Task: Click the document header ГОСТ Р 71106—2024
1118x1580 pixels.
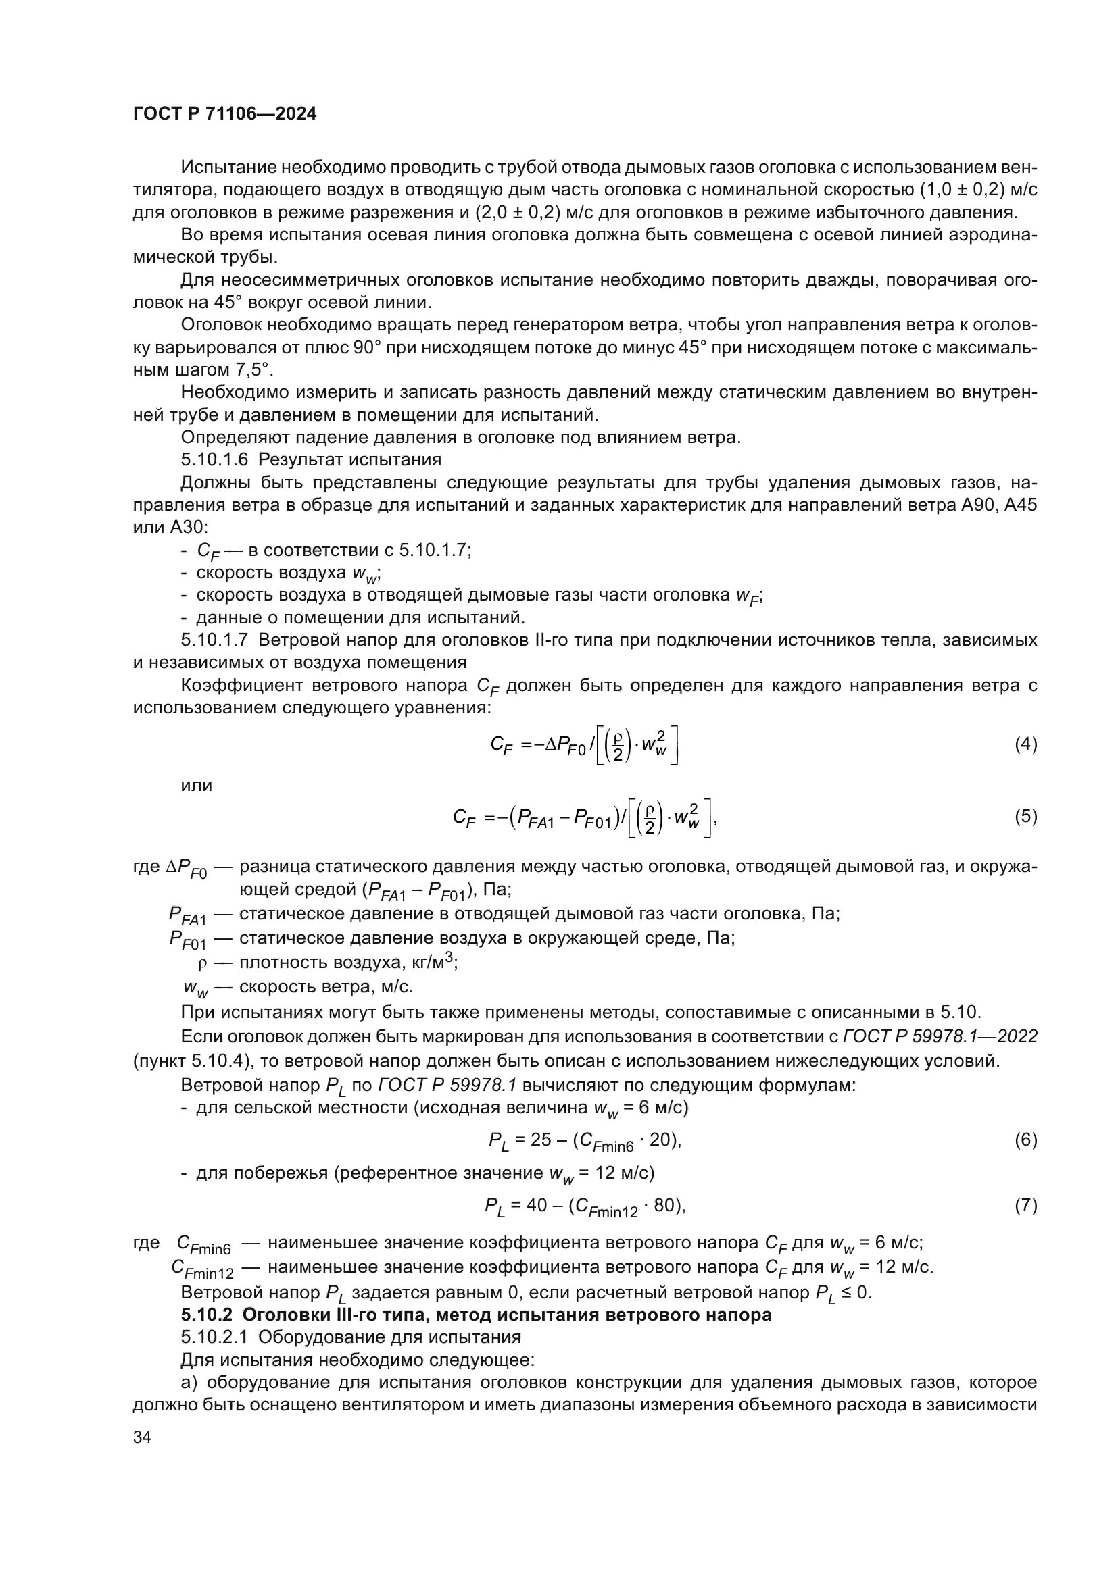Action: click(224, 114)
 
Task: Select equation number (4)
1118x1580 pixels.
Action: click(1025, 744)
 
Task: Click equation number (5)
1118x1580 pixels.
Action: click(1025, 816)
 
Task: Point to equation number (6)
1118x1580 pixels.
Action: click(1025, 1140)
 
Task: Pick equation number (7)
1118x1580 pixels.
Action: click(1025, 1205)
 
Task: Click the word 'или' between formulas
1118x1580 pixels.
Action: click(196, 785)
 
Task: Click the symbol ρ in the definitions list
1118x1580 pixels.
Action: click(202, 963)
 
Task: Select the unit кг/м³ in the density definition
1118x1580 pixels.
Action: click(432, 961)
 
